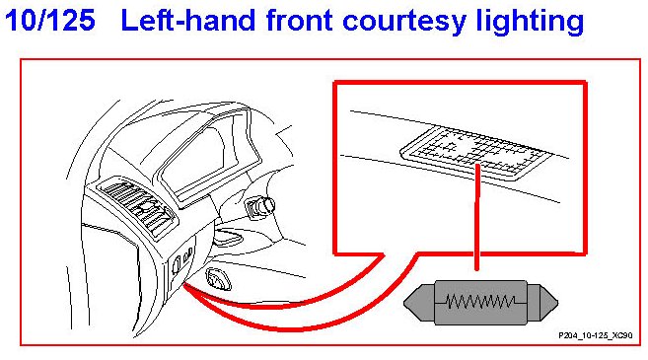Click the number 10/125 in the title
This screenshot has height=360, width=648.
coord(50,21)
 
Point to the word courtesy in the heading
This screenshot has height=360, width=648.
coord(404,23)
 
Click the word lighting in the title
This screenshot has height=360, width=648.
coord(531,22)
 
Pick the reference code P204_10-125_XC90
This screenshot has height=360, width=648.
coord(596,335)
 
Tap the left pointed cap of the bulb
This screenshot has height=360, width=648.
coord(419,303)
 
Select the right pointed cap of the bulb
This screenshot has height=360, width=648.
coord(542,303)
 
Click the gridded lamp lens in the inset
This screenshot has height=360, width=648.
coord(476,153)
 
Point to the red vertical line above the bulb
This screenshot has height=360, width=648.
coord(477,217)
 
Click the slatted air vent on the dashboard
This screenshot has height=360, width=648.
coord(138,207)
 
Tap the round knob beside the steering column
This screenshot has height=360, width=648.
coord(260,205)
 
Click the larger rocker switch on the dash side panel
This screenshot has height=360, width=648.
coord(177,264)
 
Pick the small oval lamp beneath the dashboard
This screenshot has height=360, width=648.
coord(218,278)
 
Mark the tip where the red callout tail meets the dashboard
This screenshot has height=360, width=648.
coord(184,285)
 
